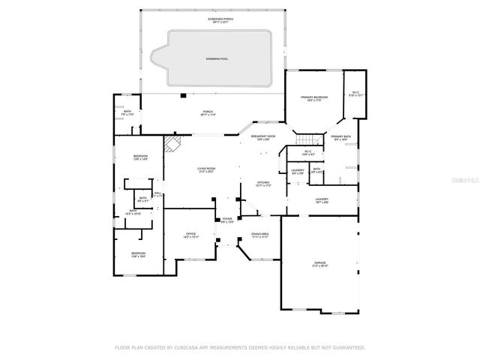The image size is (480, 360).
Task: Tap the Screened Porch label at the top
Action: [x=209, y=20]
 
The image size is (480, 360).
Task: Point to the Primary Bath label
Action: [x=342, y=137]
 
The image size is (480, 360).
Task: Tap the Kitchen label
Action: [x=263, y=183]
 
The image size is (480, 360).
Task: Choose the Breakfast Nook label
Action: [x=263, y=138]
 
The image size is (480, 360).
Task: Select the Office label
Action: [x=190, y=235]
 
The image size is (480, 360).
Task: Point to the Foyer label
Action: [x=227, y=220]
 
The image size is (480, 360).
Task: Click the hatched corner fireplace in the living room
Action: [x=173, y=143]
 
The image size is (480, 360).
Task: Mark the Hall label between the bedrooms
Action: [x=158, y=193]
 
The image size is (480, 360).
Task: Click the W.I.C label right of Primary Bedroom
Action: [x=355, y=94]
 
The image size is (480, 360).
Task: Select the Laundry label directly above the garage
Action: [x=322, y=201]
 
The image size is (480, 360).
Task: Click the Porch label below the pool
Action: [x=207, y=113]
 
